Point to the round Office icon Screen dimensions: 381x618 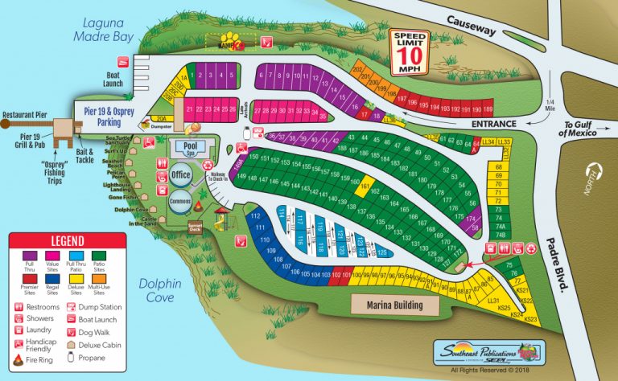[x=180, y=174]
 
